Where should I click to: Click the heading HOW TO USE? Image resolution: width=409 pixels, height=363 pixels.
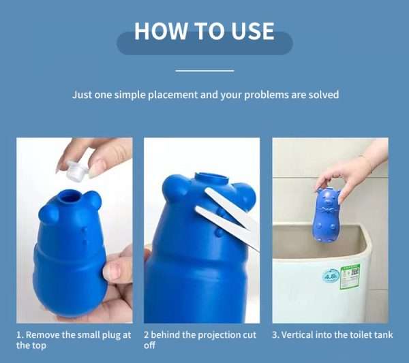pyautogui.click(x=204, y=31)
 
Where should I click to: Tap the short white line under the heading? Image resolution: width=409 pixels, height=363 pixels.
pyautogui.click(x=204, y=70)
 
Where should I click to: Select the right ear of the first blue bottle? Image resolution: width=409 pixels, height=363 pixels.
pyautogui.click(x=92, y=200)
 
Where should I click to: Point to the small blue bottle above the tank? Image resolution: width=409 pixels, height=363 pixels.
pyautogui.click(x=327, y=215)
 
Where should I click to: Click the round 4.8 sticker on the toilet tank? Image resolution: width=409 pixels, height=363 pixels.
pyautogui.click(x=330, y=276)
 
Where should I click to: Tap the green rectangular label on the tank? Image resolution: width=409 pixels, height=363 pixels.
pyautogui.click(x=350, y=276)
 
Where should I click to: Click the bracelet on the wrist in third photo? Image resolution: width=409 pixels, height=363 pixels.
pyautogui.click(x=368, y=164)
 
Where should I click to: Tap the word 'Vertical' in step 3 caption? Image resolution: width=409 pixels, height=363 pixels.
pyautogui.click(x=299, y=334)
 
